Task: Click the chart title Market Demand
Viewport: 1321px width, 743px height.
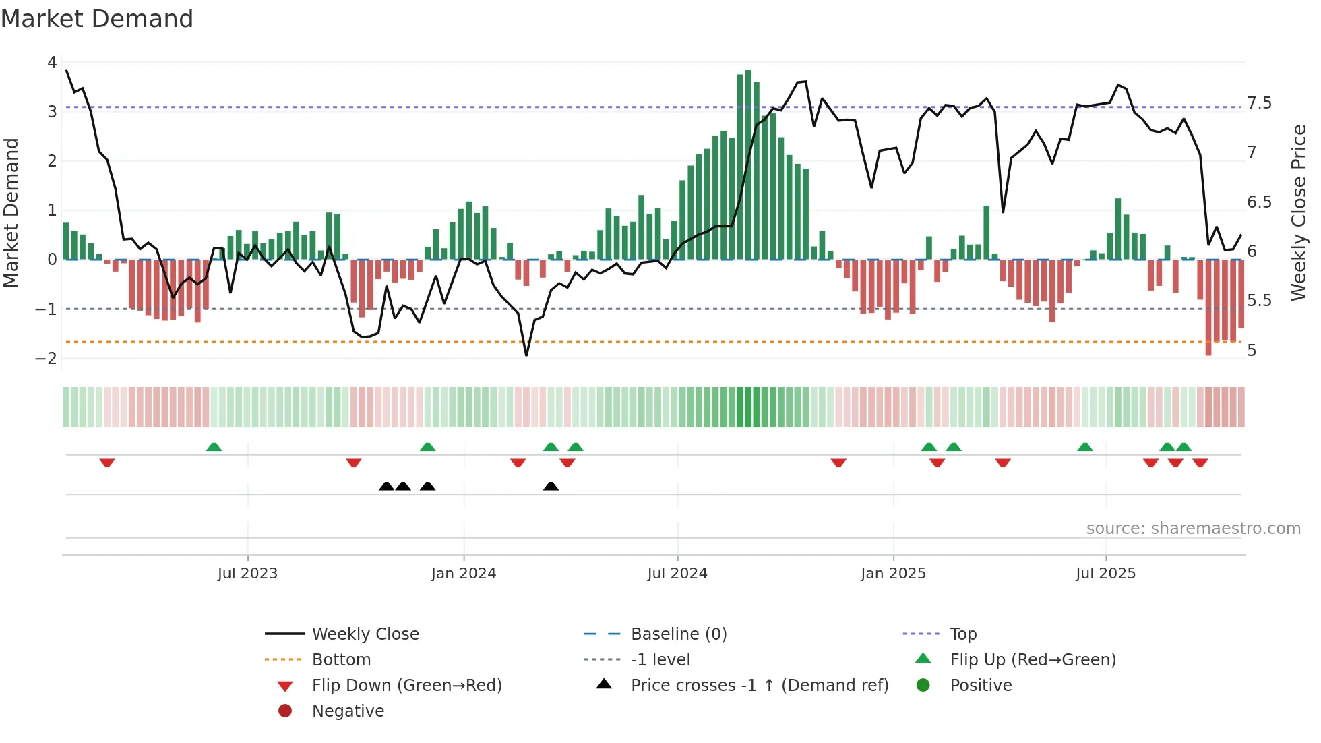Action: (97, 19)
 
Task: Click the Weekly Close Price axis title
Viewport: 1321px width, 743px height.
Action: (1298, 212)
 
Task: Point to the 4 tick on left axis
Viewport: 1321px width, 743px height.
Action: (52, 63)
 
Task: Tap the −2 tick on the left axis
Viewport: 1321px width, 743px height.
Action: (47, 359)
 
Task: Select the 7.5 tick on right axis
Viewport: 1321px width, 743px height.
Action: (1259, 103)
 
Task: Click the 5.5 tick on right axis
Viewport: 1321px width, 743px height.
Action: (1259, 301)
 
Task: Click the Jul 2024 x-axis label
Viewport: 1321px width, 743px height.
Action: (677, 574)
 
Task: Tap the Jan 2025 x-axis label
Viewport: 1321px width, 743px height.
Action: (893, 574)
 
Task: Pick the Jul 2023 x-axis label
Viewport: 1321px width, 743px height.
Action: (247, 574)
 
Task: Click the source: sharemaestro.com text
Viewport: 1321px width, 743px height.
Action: (1193, 529)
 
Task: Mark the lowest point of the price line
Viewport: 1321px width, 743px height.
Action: (526, 355)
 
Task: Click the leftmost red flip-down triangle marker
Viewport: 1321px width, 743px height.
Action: (107, 463)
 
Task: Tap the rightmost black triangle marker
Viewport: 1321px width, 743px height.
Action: (551, 486)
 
